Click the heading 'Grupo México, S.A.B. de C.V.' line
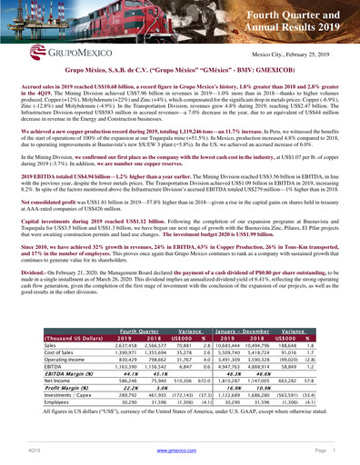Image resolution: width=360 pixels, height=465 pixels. click(x=179, y=68)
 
